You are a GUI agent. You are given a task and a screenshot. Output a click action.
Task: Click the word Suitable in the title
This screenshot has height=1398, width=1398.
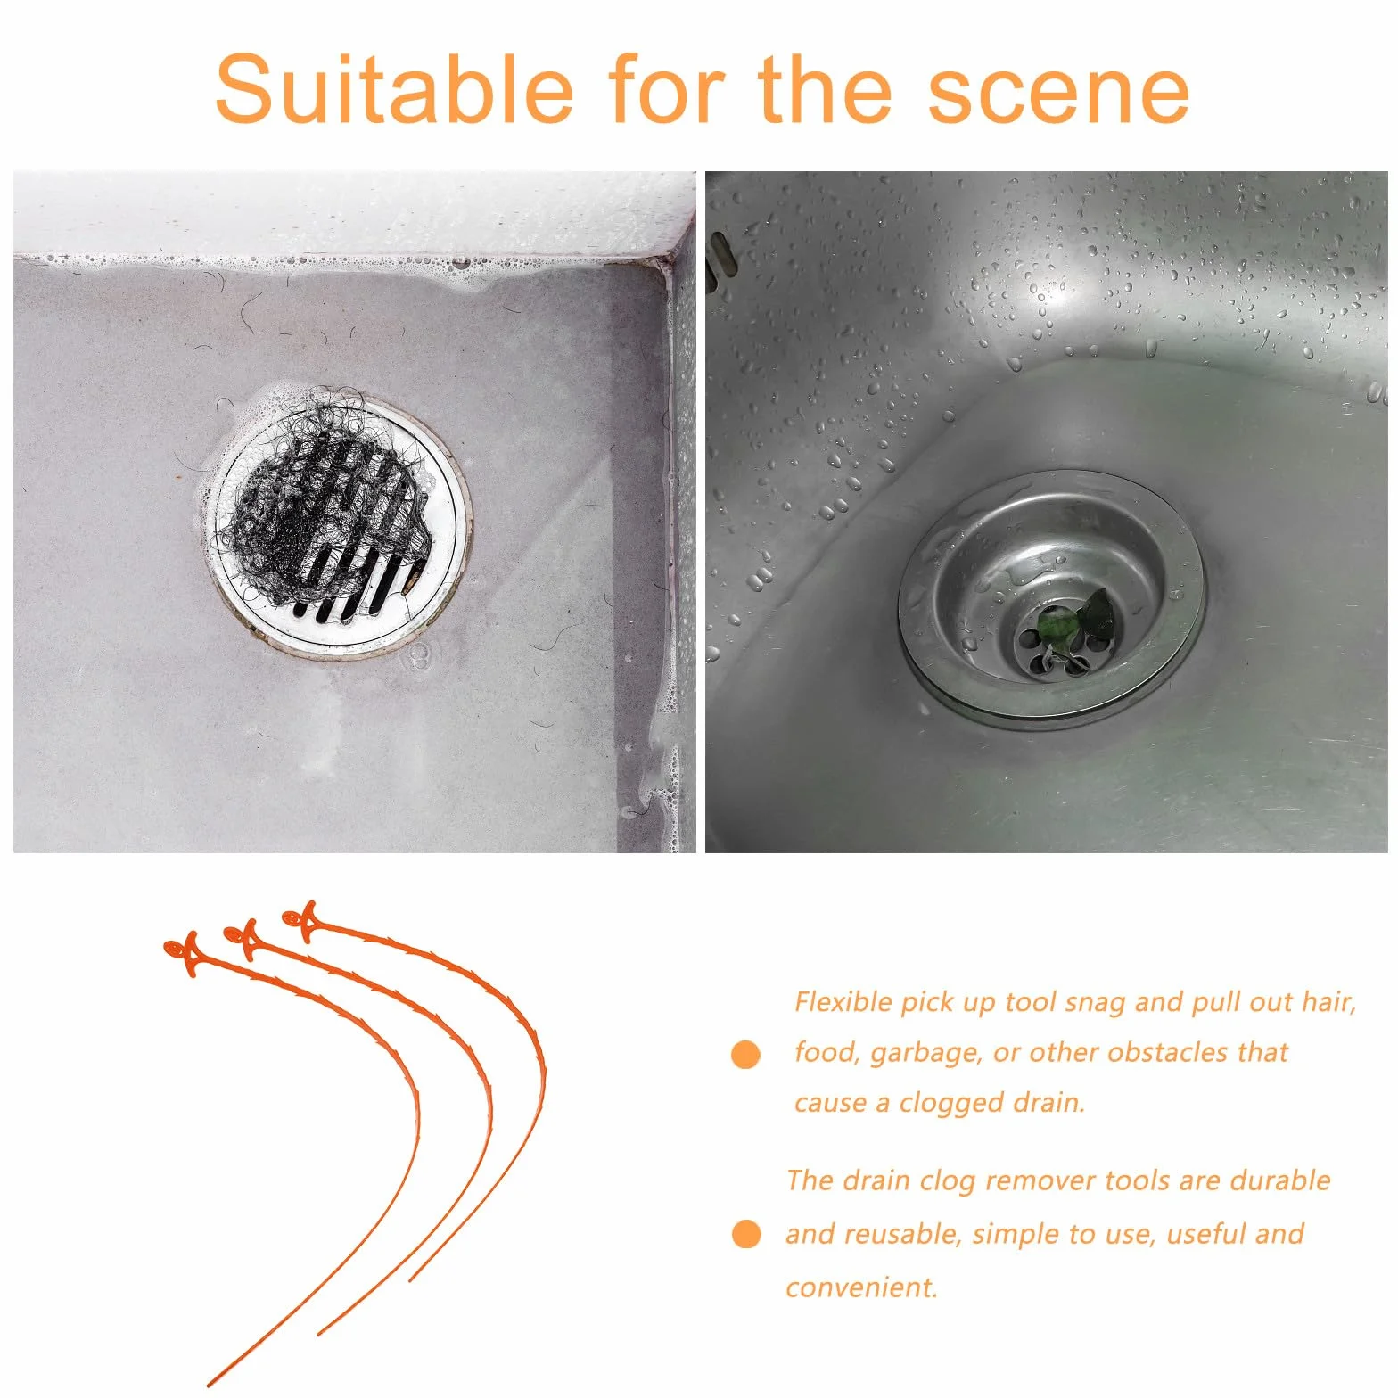click(x=394, y=89)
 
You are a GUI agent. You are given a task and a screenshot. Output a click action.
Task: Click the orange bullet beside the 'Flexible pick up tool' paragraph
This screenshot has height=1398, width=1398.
click(x=745, y=1054)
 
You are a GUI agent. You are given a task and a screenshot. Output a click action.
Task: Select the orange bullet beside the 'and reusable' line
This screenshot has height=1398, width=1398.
click(x=745, y=1234)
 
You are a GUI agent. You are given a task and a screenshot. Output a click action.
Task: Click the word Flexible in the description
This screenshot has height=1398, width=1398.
click(x=843, y=1001)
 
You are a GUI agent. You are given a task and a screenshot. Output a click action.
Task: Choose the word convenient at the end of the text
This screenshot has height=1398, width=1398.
click(x=861, y=1287)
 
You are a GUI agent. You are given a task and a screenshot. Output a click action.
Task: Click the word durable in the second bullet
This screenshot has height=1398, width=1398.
click(x=1280, y=1180)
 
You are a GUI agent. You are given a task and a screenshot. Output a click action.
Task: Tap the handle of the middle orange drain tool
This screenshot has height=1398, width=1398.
click(x=243, y=939)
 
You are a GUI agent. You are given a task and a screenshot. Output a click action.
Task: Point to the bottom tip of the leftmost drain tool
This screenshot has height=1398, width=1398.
click(x=209, y=1385)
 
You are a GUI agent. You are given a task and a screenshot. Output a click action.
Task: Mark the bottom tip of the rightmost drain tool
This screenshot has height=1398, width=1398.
click(x=410, y=1280)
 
